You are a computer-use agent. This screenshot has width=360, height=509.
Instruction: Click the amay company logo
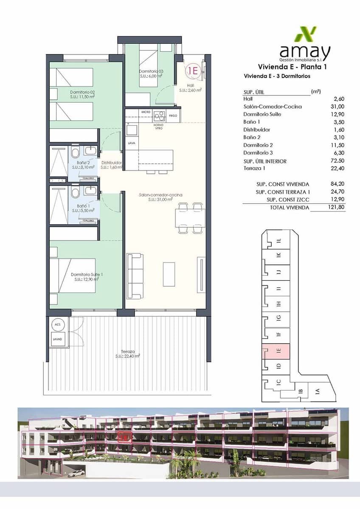[304, 45]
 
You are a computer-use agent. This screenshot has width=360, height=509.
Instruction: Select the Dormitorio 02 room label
[82, 94]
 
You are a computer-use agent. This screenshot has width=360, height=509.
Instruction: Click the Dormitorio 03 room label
[151, 74]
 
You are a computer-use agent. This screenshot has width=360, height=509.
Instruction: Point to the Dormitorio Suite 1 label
[87, 277]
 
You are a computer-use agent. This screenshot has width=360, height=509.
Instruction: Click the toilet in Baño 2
[75, 152]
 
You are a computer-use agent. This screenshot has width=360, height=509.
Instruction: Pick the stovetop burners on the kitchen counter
[160, 115]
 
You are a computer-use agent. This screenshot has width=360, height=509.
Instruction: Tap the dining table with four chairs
[190, 218]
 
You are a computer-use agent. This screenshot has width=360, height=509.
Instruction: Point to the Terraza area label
[128, 354]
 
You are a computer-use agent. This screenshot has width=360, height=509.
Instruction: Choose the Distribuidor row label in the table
[256, 129]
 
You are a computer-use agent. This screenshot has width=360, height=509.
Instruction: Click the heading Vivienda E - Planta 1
[292, 67]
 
